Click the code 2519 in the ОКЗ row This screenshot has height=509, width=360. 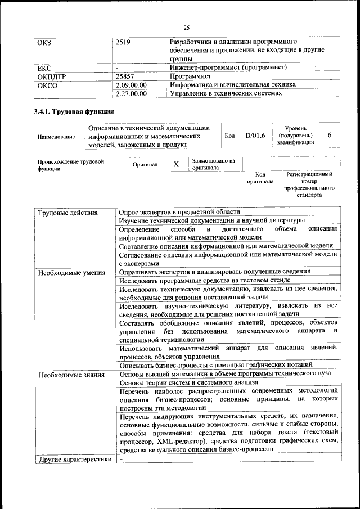pyautogui.click(x=123, y=42)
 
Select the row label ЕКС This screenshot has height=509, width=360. pyautogui.click(x=44, y=67)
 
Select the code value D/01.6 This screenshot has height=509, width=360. pyautogui.click(x=255, y=136)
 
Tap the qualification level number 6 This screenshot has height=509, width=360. pyautogui.click(x=330, y=136)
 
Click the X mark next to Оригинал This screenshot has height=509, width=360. pyautogui.click(x=176, y=165)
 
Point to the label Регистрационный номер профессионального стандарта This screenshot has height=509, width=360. pyautogui.click(x=310, y=184)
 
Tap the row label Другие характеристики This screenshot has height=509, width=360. pyautogui.click(x=73, y=459)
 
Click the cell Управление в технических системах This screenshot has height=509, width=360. pyautogui.click(x=224, y=94)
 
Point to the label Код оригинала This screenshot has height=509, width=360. pyautogui.click(x=260, y=178)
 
